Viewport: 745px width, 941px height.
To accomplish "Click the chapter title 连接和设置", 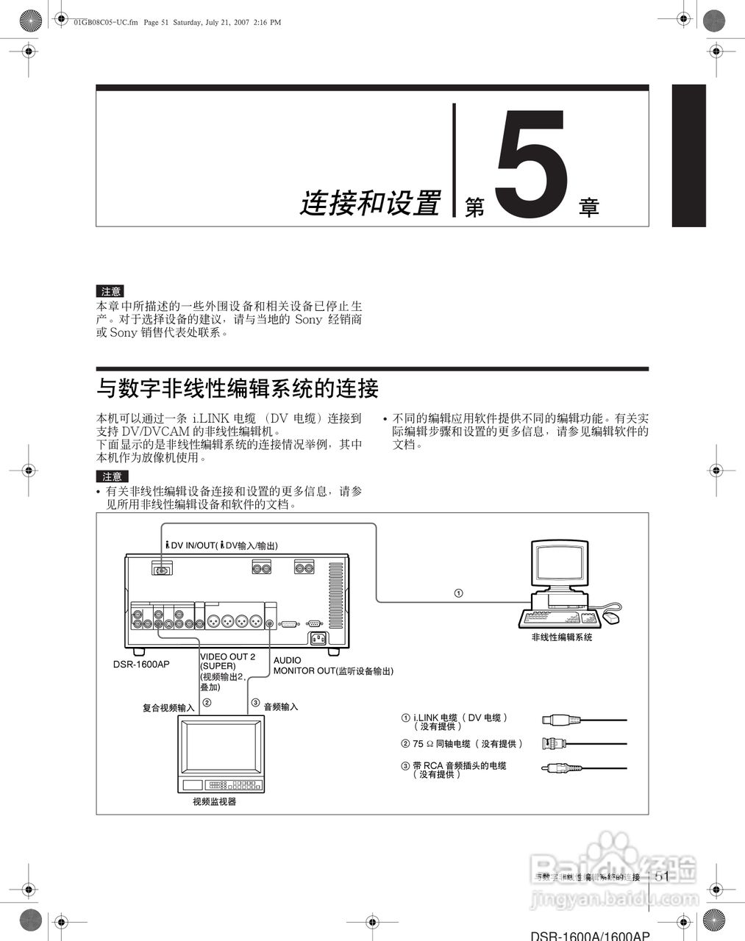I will (x=370, y=203).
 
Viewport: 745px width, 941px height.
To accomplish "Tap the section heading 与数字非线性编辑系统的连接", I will (x=238, y=388).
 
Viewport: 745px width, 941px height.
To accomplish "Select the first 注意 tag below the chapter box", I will (x=110, y=292).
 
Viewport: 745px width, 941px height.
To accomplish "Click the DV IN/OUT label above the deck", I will (x=221, y=545).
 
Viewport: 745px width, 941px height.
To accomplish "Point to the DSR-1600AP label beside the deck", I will (x=141, y=665).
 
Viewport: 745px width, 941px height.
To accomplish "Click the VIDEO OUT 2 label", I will (x=227, y=656).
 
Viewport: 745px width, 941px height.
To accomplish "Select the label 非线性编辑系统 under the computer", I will (x=562, y=637).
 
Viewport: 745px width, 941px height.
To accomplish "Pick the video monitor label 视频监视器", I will (x=215, y=802).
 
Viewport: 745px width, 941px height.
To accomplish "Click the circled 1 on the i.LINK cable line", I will (x=458, y=593).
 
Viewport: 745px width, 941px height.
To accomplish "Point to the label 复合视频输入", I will (x=168, y=707).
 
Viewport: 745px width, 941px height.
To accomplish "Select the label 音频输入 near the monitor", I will (x=281, y=706).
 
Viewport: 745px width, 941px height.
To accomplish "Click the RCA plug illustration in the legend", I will (x=556, y=768).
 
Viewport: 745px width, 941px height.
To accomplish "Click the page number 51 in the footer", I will (x=661, y=876).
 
